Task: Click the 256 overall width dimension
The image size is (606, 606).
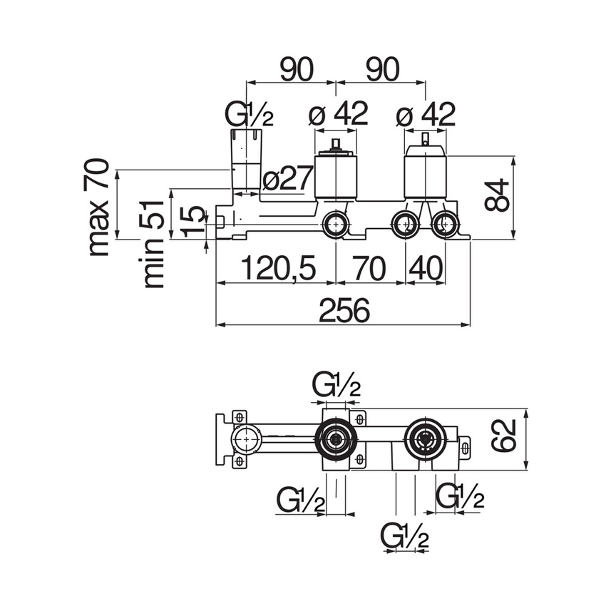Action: tap(344, 311)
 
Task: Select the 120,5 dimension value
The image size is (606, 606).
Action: tap(277, 269)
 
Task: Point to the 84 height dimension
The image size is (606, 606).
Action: tap(498, 195)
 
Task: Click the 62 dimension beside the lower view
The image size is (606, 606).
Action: tap(504, 436)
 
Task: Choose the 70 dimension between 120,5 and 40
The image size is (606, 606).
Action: tap(369, 269)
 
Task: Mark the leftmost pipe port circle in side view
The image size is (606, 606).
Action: tap(334, 225)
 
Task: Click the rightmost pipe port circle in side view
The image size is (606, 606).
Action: tap(446, 225)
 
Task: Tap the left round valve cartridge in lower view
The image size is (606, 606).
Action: tap(337, 439)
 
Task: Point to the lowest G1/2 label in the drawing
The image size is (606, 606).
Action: tap(405, 535)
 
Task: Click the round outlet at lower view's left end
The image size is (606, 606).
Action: tap(246, 439)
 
